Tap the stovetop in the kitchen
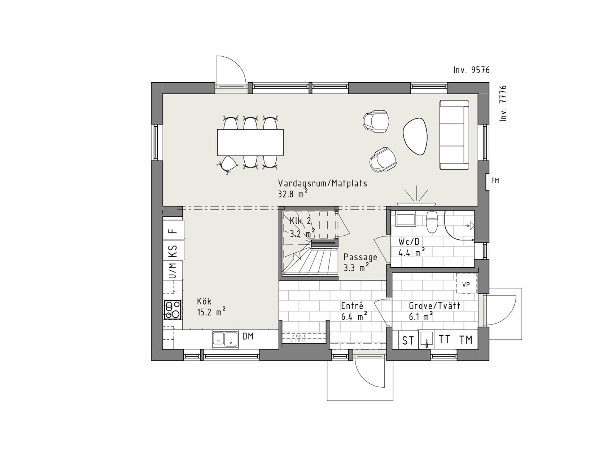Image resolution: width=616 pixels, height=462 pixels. tap(172, 310)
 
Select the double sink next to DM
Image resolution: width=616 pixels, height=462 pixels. tap(225, 339)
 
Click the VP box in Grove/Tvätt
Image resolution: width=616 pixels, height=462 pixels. tap(466, 284)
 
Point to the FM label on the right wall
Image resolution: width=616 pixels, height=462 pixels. tap(495, 180)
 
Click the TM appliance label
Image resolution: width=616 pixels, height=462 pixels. tap(466, 340)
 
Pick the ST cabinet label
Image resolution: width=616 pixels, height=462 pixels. tap(408, 340)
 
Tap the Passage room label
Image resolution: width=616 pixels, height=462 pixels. tap(360, 257)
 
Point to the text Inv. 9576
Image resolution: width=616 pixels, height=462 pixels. tap(472, 70)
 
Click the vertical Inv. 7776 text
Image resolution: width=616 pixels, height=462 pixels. tap(503, 103)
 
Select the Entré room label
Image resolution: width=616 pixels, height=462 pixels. tap(352, 306)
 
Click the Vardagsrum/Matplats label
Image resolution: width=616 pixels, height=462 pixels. tap(323, 183)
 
